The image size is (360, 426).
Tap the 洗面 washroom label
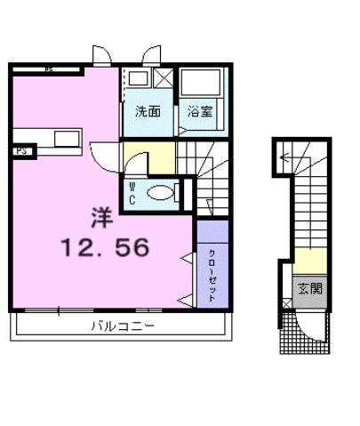pos(148,113)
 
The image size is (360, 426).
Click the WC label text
pos(132,193)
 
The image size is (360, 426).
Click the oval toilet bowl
pos(161,191)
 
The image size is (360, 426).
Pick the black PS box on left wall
pos(20,151)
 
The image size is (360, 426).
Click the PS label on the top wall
pos(48,68)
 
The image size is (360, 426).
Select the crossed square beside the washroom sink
pos(163,77)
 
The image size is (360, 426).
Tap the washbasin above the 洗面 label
pos(138,78)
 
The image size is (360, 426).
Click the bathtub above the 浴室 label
pos(202,85)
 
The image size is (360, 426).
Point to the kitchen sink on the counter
pos(68,138)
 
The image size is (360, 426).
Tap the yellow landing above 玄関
pos(309,260)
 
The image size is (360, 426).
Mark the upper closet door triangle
pos(188,259)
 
